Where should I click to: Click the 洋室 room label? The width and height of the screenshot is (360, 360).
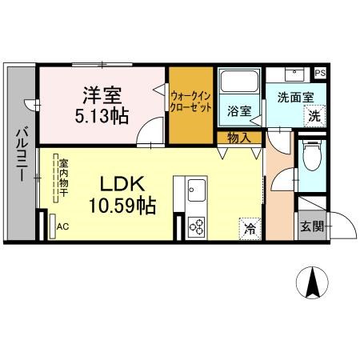click(x=102, y=95)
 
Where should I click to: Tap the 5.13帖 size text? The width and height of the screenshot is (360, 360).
click(x=102, y=116)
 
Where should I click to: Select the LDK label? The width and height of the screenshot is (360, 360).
click(x=122, y=184)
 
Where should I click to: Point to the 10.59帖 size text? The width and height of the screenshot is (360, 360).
click(x=122, y=206)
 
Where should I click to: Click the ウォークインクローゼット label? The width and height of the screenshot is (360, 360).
click(x=191, y=102)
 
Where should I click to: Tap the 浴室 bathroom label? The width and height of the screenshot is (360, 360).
click(x=239, y=111)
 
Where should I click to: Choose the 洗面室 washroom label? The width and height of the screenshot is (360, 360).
click(x=295, y=98)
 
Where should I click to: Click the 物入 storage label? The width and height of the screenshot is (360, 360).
click(x=239, y=138)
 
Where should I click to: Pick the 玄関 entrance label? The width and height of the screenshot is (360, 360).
click(x=312, y=226)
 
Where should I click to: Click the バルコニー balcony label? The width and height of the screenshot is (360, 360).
click(x=22, y=154)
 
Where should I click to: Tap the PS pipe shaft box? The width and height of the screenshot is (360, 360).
click(x=320, y=73)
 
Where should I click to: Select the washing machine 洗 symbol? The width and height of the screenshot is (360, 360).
click(x=314, y=116)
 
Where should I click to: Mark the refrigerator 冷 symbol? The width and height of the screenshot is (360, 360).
click(x=250, y=229)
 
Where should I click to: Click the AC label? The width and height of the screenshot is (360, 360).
click(x=63, y=226)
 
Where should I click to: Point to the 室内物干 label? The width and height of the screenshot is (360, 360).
click(x=64, y=178)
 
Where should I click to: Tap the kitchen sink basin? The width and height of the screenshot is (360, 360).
click(x=197, y=190)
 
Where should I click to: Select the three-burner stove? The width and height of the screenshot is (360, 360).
click(x=197, y=227)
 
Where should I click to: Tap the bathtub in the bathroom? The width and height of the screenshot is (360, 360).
click(x=239, y=81)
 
